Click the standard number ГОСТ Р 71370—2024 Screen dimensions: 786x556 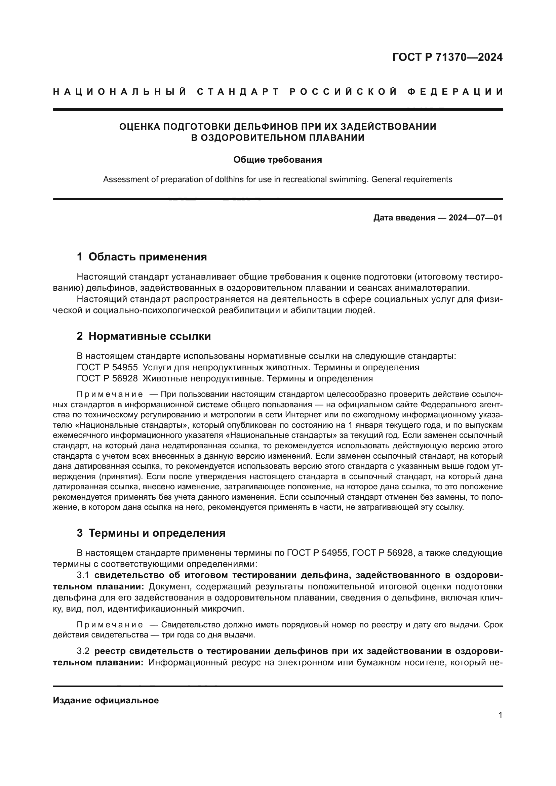pos(447,57)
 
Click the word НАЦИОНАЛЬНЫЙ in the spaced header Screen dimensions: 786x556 pos(120,92)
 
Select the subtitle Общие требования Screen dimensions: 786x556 pos(278,160)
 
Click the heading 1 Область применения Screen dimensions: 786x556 pos(142,257)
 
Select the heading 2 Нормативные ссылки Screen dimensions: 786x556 pos(144,336)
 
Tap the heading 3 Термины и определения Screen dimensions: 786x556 pos(151,533)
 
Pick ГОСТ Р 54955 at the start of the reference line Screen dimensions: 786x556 pos(107,367)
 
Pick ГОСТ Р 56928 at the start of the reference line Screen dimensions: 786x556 pos(107,379)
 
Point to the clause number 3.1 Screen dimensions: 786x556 pos(83,575)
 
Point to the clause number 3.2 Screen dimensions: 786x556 pos(83,651)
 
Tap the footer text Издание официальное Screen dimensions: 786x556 pos(106,700)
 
